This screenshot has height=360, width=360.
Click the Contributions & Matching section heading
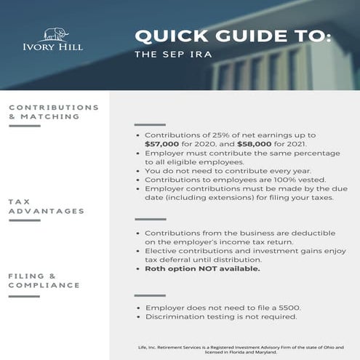tap(53, 111)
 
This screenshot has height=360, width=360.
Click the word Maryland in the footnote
tap(269, 354)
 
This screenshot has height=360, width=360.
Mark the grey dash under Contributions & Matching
tap(24, 126)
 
